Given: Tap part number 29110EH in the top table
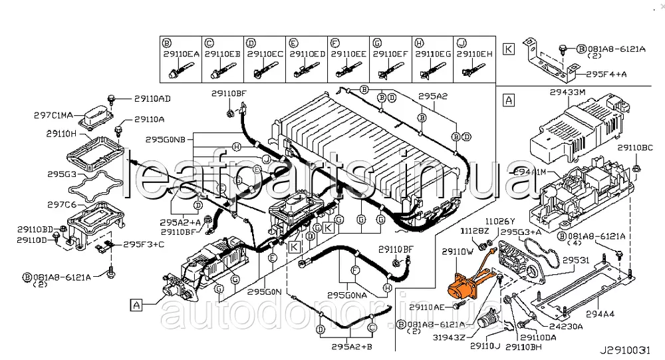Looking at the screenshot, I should (x=474, y=54).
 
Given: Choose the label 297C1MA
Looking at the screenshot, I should (x=54, y=114).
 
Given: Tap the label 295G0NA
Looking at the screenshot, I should (x=347, y=294).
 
